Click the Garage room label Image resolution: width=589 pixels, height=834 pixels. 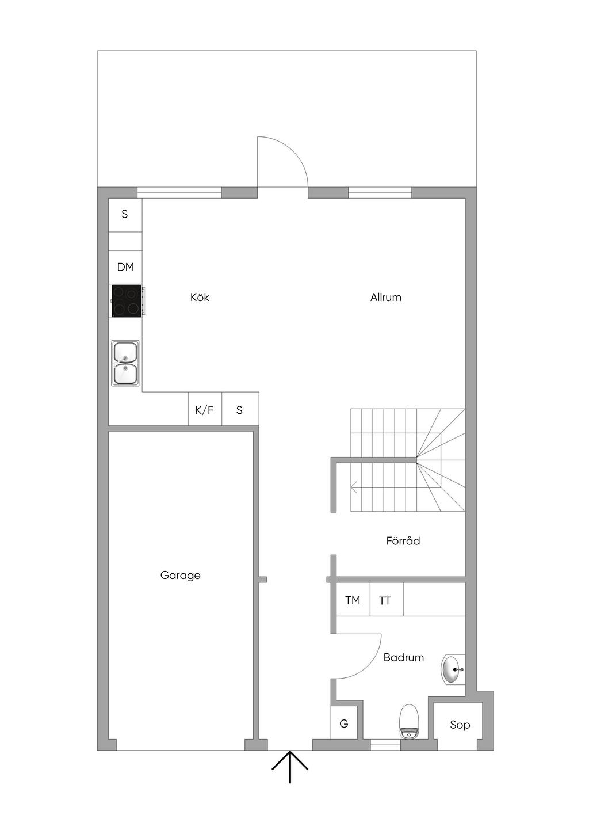coord(180,576)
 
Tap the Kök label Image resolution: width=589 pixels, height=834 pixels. coord(200,297)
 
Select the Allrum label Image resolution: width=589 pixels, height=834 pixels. coord(385,297)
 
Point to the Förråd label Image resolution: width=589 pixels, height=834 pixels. coord(403,540)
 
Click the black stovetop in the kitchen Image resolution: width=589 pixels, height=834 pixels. coord(127,301)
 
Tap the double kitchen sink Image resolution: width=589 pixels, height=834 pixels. coord(126,363)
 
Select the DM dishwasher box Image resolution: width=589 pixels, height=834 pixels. coord(125,267)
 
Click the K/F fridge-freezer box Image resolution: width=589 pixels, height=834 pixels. coord(205,410)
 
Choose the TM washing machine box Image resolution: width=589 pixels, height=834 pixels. coord(353,600)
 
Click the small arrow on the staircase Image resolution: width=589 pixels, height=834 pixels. coord(354,486)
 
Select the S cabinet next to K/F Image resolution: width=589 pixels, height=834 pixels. coord(240,410)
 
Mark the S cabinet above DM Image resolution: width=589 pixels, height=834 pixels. coord(125,215)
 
